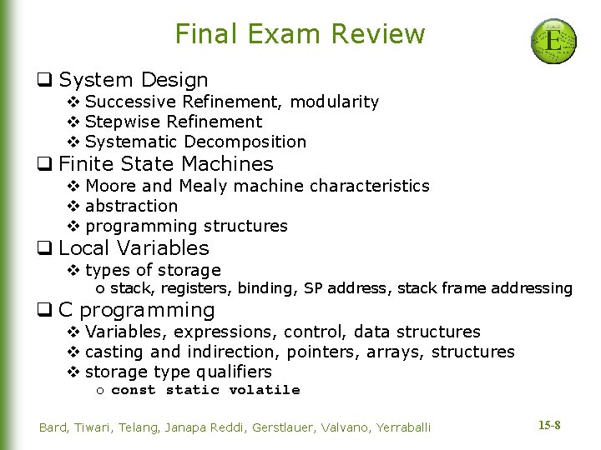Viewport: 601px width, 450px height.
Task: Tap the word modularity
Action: coord(334,102)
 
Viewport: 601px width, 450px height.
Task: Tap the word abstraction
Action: coord(132,206)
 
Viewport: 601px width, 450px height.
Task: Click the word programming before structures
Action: coord(140,226)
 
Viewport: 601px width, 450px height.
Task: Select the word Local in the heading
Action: coord(84,248)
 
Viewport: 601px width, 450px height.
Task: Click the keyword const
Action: coord(134,390)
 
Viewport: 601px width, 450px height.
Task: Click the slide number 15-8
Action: coord(549,426)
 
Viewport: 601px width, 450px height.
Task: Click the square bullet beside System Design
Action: coord(45,81)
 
